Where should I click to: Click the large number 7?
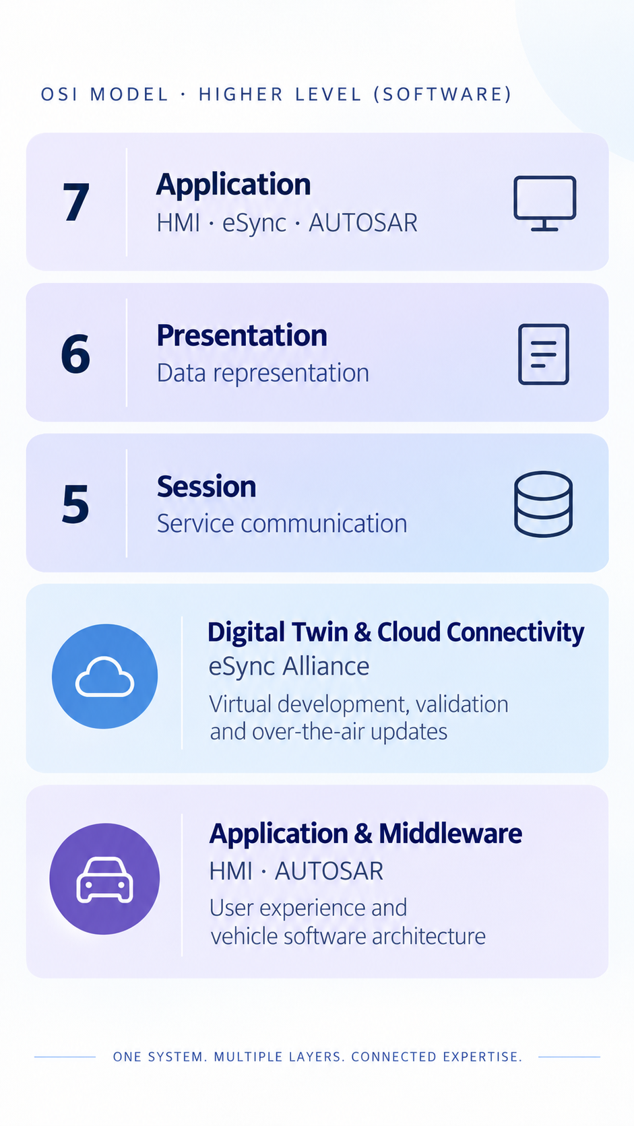pos(76,201)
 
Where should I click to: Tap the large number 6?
pos(75,354)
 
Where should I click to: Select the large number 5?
pos(75,504)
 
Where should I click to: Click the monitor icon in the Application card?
pos(544,203)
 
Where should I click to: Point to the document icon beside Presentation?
pos(544,354)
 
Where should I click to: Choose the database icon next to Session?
pos(543,504)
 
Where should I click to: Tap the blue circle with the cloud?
pos(104,676)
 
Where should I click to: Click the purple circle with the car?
pos(104,879)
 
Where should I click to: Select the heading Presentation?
pos(242,335)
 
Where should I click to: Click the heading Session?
pos(207,487)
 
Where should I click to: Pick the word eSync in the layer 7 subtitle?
pos(255,223)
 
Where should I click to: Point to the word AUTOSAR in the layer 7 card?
pos(363,223)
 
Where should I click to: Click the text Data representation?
pos(263,374)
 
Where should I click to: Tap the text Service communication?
pos(282,524)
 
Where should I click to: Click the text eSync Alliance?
pos(289,667)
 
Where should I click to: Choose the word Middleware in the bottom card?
pos(451,834)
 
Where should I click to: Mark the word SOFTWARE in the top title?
pos(443,94)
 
